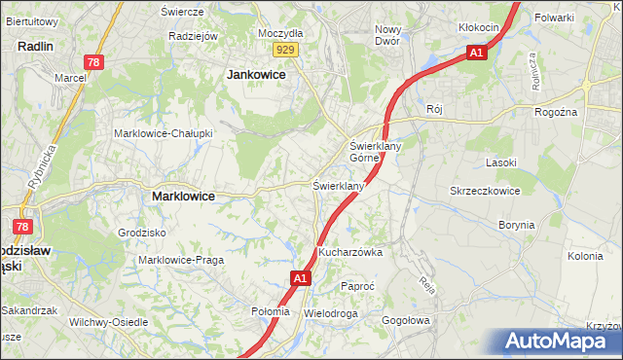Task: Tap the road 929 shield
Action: [285, 49]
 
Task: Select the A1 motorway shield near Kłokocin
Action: [475, 53]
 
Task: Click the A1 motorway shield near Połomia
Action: [300, 279]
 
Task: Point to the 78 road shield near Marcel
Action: [92, 62]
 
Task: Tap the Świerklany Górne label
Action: [371, 152]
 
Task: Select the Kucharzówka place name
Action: [350, 252]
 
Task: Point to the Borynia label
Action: [516, 225]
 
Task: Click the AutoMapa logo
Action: [560, 342]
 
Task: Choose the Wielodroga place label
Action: [331, 314]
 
